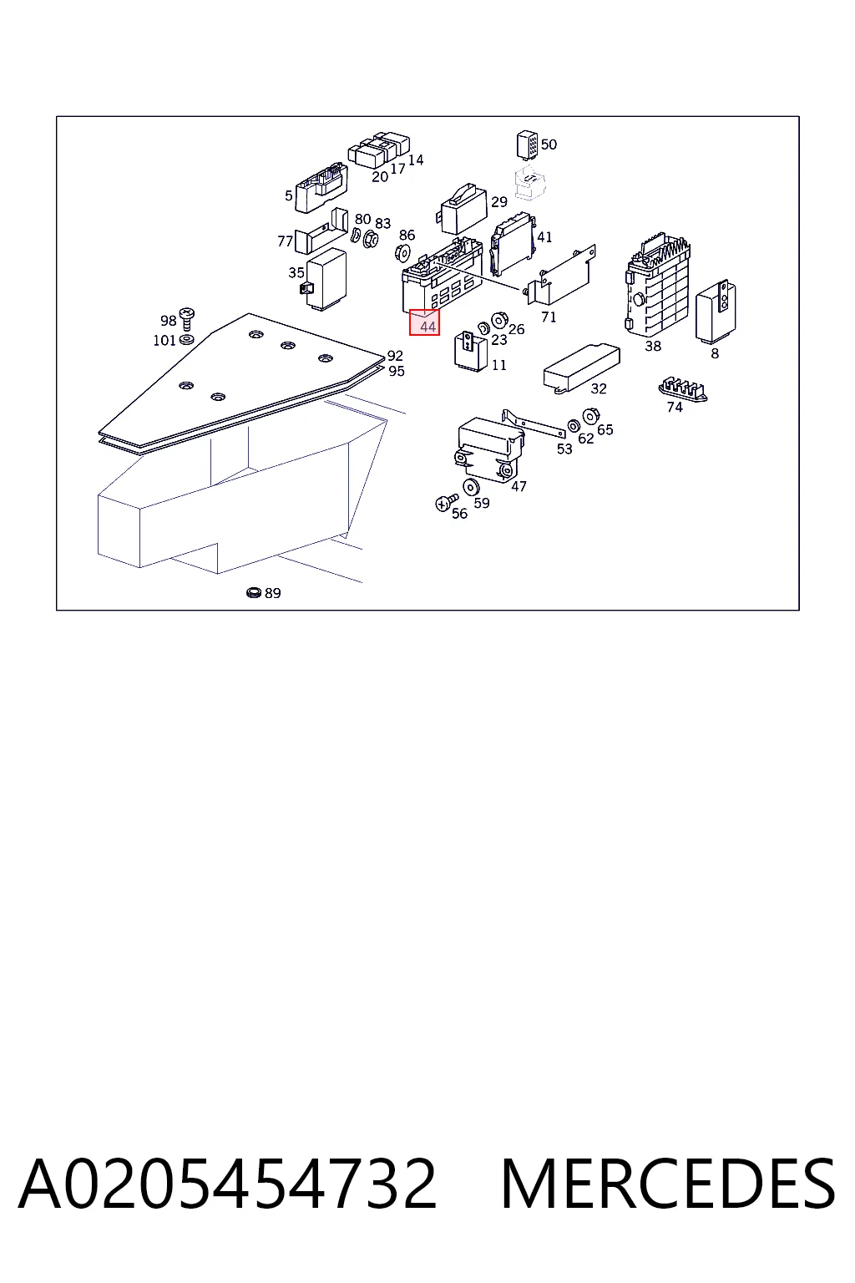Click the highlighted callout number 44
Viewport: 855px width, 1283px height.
[x=427, y=327]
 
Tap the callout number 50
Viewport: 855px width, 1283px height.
[x=549, y=145]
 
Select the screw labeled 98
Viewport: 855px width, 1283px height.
[x=187, y=318]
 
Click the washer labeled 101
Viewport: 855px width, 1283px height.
[x=186, y=340]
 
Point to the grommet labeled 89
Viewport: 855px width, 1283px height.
[x=254, y=592]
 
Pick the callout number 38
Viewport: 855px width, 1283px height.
[x=653, y=346]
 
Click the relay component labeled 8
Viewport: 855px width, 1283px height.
[x=716, y=312]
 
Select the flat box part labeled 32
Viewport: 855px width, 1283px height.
[x=580, y=368]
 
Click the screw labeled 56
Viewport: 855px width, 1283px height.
[x=446, y=502]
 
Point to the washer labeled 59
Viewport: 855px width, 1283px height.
[x=471, y=488]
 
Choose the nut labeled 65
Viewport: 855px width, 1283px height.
[x=590, y=417]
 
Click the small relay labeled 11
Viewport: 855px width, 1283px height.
[x=471, y=351]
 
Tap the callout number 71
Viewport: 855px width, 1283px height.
[x=549, y=317]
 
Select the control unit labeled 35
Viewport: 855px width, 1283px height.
[x=325, y=280]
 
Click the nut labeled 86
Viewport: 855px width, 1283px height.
[x=402, y=252]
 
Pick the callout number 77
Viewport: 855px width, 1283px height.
[x=286, y=241]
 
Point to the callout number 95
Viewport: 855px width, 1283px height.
[x=397, y=371]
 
